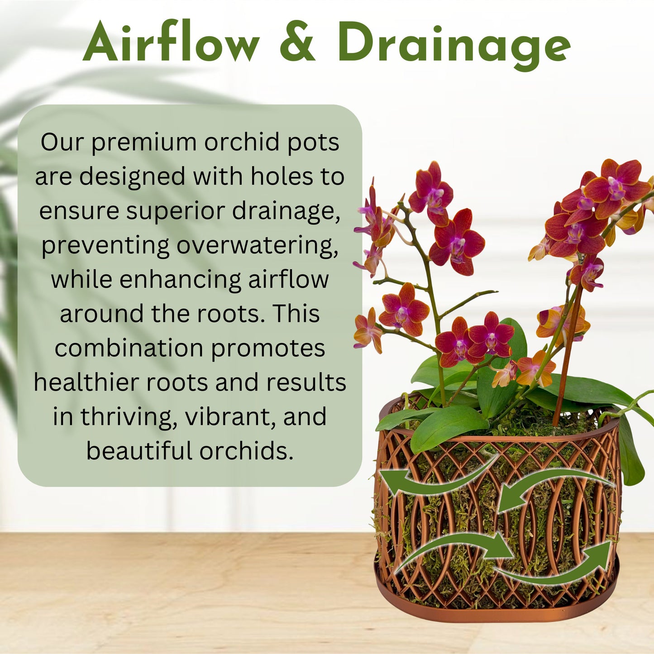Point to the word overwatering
click(x=257, y=246)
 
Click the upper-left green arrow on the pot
click(x=434, y=480)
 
